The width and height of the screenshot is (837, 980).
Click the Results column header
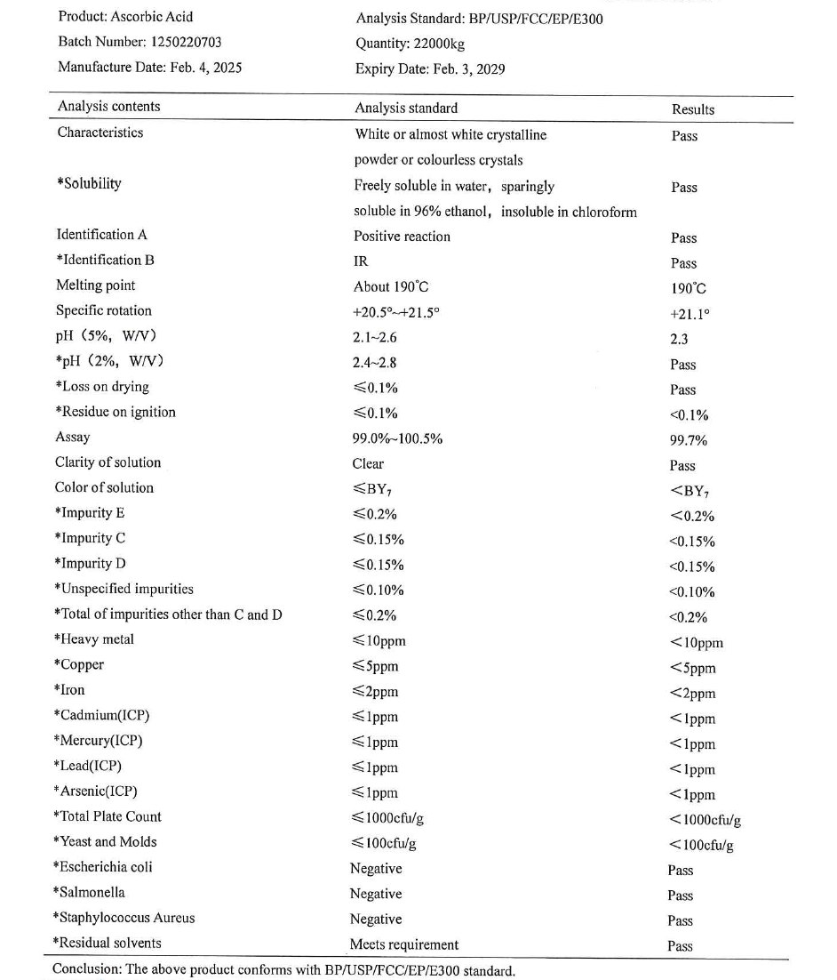(693, 109)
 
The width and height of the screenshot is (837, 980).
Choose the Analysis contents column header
(108, 107)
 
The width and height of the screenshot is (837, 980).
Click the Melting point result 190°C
(689, 289)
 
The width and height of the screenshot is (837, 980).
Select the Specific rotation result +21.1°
(689, 314)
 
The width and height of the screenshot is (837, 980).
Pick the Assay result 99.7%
(689, 440)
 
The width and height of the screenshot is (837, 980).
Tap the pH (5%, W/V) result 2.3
(680, 339)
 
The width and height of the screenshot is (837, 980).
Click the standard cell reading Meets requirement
(404, 944)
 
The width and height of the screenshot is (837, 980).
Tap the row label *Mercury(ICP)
(98, 741)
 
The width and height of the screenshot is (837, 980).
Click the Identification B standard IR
(361, 261)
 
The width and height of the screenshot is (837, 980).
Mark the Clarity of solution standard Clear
(369, 463)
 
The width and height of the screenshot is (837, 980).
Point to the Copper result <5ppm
(693, 669)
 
